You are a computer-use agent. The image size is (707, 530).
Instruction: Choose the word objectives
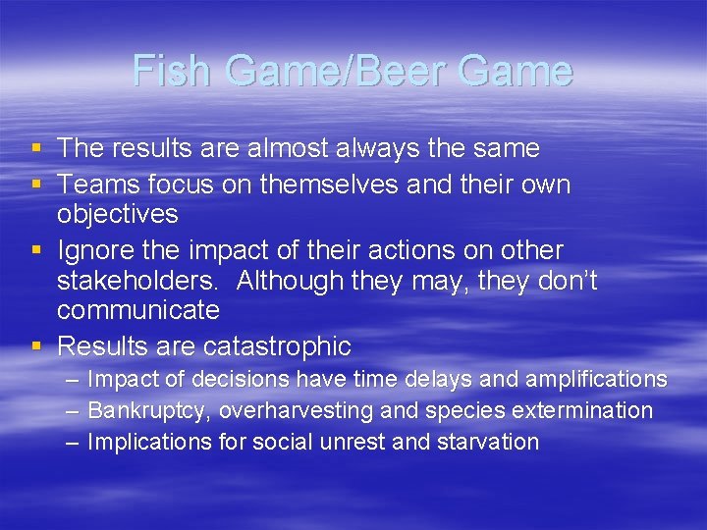click(117, 214)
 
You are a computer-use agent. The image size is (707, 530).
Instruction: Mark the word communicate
click(138, 311)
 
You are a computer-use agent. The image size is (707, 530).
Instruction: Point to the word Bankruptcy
click(149, 410)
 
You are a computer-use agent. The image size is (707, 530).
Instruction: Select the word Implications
click(150, 442)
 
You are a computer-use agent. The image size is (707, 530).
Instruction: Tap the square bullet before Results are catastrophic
click(36, 346)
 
